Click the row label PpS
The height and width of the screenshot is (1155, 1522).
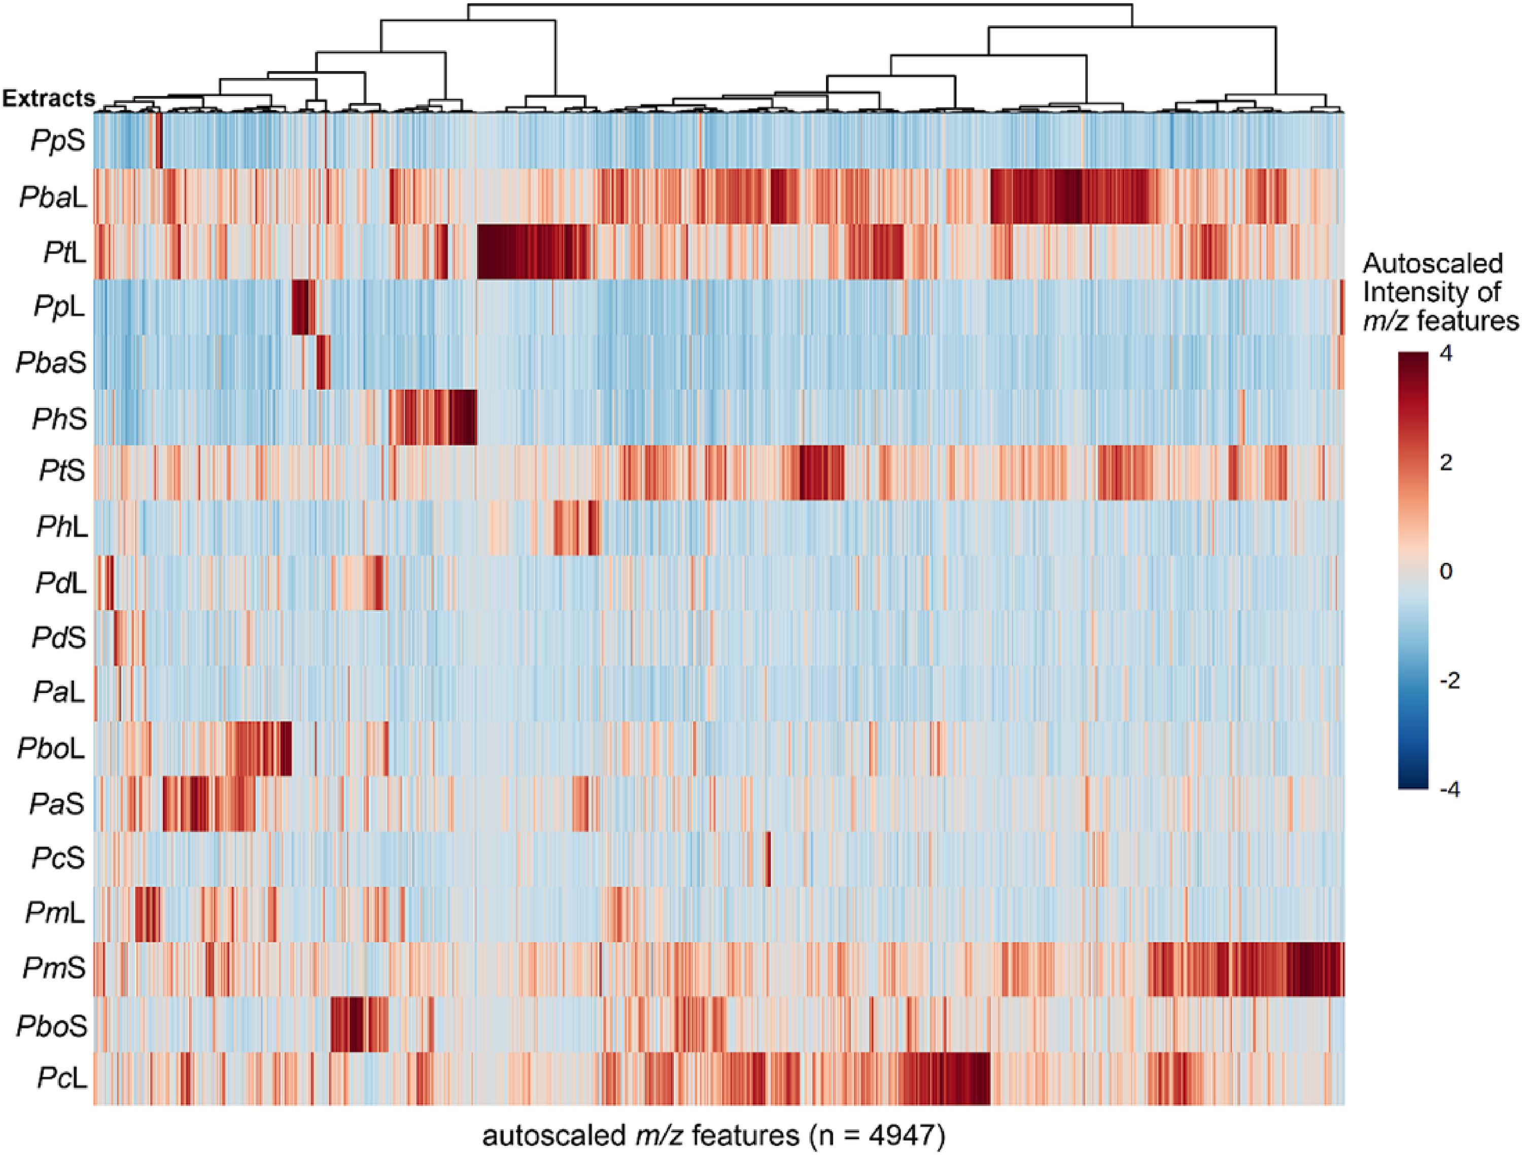coord(58,141)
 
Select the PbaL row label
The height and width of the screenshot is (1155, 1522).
coord(54,197)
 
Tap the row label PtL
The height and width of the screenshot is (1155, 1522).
coord(65,253)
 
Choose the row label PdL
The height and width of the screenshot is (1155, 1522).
coord(61,583)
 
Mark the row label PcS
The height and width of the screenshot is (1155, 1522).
coord(58,858)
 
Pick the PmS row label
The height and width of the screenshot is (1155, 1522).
coord(54,968)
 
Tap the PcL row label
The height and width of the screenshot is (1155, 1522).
coord(62,1078)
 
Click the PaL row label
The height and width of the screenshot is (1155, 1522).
coord(60,692)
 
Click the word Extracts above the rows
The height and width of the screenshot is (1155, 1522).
coord(49,98)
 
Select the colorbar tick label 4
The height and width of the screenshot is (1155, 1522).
coord(1445,354)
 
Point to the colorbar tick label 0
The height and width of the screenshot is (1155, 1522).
coord(1445,571)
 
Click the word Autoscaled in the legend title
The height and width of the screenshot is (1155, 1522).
coord(1433,263)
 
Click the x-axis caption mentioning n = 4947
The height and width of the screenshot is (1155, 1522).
coord(713,1136)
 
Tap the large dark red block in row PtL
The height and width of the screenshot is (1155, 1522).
coord(534,252)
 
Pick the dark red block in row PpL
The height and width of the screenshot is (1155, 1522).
coord(303,307)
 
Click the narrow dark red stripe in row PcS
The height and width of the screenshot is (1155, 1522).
coord(768,858)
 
